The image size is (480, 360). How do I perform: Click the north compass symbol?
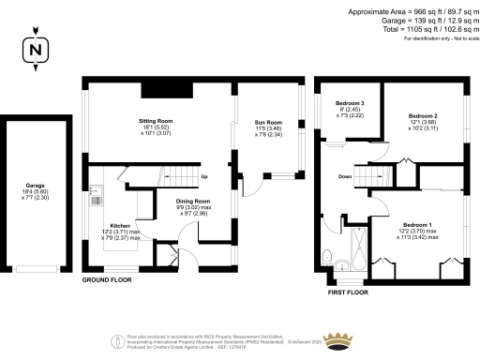(36, 50)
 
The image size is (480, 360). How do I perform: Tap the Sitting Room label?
(157, 123)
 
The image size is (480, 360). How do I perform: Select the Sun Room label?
(269, 124)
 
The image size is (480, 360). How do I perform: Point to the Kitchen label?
(120, 226)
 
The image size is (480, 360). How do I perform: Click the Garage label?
(35, 185)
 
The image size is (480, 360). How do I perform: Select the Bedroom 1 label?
(417, 225)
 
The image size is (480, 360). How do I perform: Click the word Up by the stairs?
(205, 175)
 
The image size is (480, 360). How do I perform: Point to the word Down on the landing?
(345, 175)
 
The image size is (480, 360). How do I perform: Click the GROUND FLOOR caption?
(106, 280)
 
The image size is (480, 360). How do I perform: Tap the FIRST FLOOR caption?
(352, 292)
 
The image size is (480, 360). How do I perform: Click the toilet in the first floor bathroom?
(325, 257)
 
